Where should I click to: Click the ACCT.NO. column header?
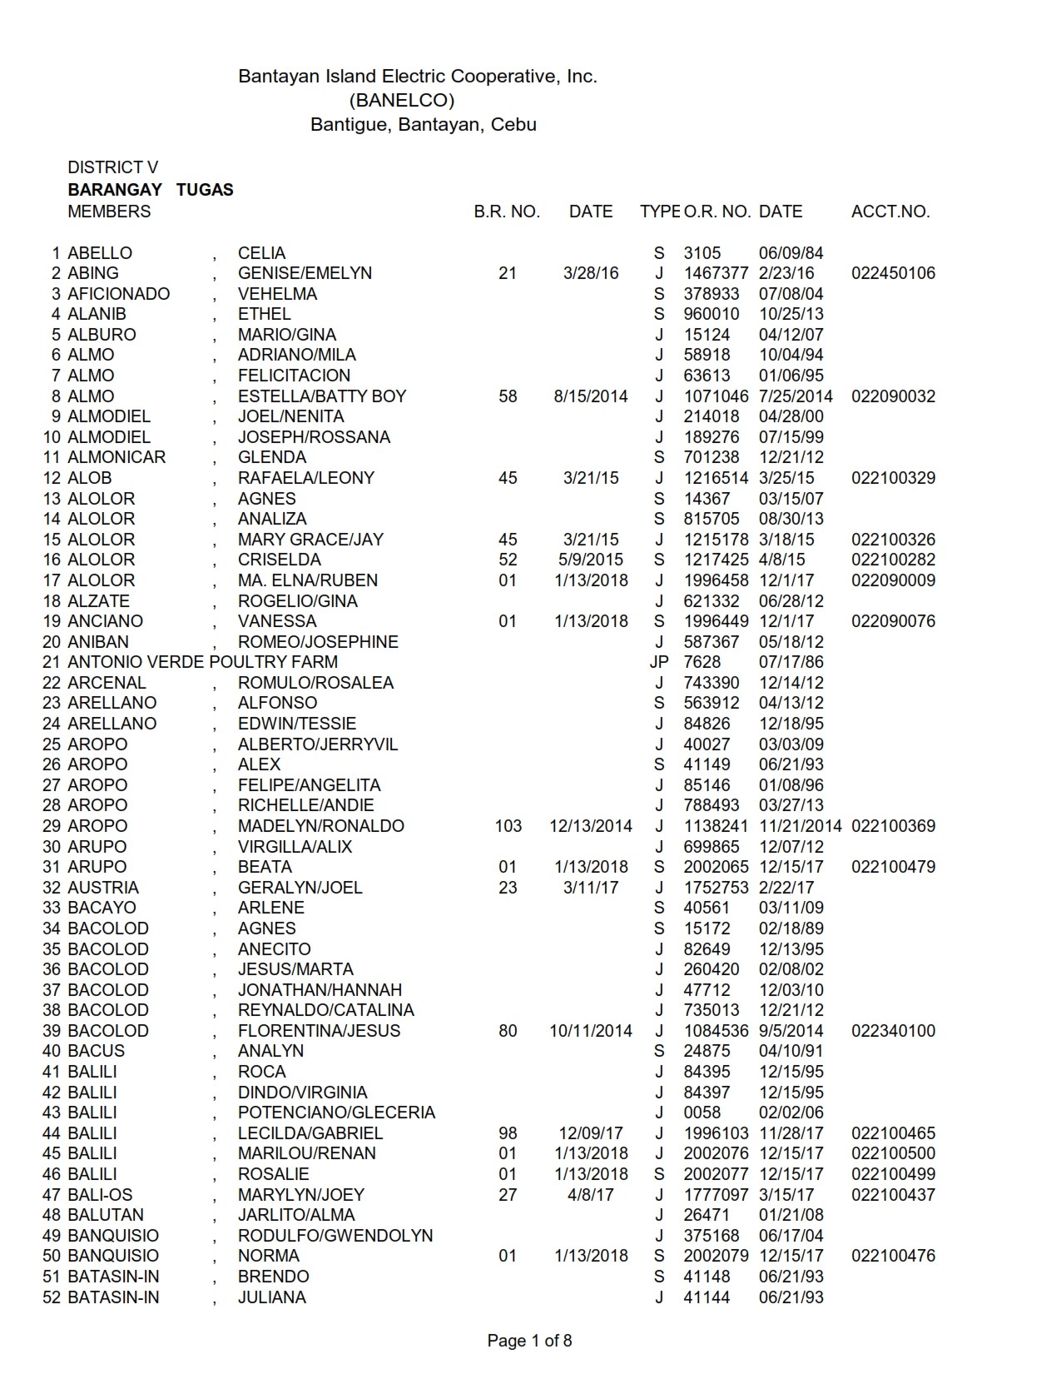click(x=890, y=212)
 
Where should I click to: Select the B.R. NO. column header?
click(x=507, y=212)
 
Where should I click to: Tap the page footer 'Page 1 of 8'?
click(x=529, y=1341)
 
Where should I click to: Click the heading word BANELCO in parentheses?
click(x=402, y=101)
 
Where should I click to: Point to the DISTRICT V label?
click(x=112, y=167)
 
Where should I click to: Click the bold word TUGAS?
click(x=205, y=190)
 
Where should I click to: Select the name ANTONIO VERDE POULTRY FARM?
click(x=202, y=662)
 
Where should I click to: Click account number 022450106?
click(x=893, y=273)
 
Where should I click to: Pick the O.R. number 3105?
click(x=702, y=253)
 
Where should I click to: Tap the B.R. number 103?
click(x=508, y=826)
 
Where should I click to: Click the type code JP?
click(x=659, y=662)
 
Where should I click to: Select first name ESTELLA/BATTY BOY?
click(x=322, y=396)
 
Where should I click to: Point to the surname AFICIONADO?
click(x=118, y=294)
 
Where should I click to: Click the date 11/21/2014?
click(x=800, y=826)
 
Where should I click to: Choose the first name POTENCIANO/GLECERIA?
click(x=336, y=1113)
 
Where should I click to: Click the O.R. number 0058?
click(x=702, y=1113)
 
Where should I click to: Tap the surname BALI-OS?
click(x=100, y=1195)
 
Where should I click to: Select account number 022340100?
click(x=893, y=1031)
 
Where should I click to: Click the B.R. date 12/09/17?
click(x=591, y=1133)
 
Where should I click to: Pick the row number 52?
click(x=52, y=1297)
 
